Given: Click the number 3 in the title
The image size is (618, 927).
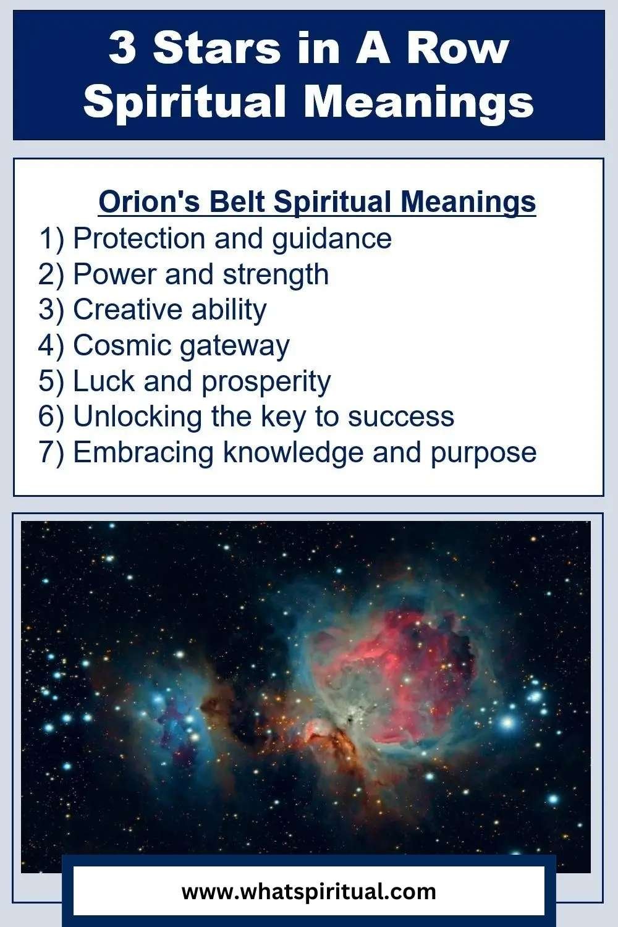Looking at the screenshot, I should pyautogui.click(x=122, y=48).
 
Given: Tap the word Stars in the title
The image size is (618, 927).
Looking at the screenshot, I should pyautogui.click(x=216, y=48).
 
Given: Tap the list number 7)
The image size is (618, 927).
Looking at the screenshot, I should pyautogui.click(x=51, y=452).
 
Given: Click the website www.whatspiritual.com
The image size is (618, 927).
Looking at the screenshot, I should pyautogui.click(x=308, y=891).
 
